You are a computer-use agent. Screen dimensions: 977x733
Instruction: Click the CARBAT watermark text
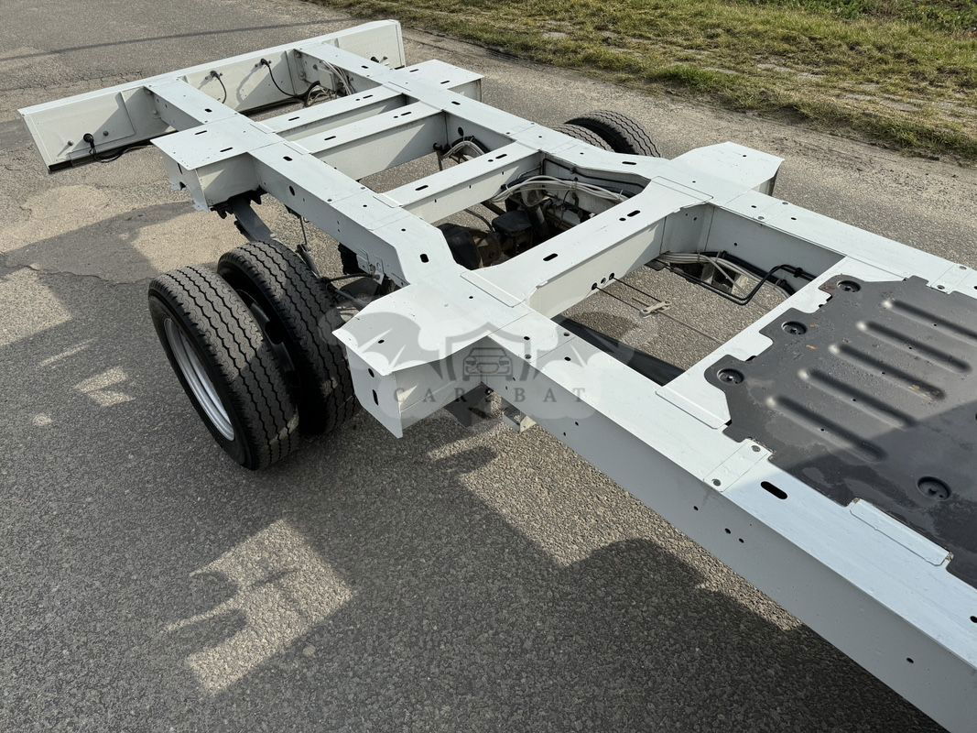(490, 394)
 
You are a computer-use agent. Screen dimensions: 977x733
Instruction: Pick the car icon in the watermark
(489, 362)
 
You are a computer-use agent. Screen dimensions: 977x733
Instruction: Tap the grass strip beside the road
(717, 56)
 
